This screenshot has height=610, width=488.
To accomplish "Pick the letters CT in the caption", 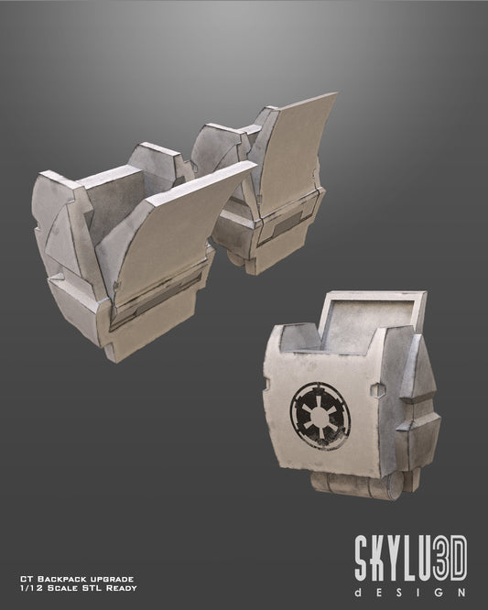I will tap(25, 580).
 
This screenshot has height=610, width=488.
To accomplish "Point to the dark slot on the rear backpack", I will tap(291, 222).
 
